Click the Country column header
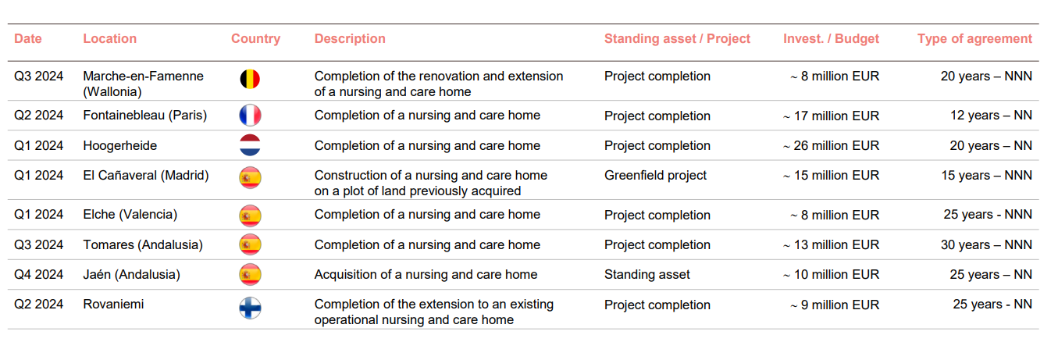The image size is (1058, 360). pos(255,39)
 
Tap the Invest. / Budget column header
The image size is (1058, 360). pos(831,39)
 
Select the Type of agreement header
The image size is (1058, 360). pos(974,39)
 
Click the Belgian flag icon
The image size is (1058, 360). pos(250,79)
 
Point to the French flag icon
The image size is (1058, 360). pos(250,116)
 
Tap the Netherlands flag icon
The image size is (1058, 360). pos(250,145)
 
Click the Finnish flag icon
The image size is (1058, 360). pos(250,308)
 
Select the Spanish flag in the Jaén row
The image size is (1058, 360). pos(250,274)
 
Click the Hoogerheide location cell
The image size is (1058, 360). pos(120,145)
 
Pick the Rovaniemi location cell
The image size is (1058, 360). pos(113,305)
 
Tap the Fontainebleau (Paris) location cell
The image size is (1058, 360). pos(145,116)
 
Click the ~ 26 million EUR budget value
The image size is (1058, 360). pos(831,145)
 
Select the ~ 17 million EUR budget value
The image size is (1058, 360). pos(831,116)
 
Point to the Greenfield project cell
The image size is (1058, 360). pos(655,176)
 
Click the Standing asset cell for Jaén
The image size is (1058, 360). pos(647,274)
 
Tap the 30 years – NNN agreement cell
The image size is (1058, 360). pos(986,244)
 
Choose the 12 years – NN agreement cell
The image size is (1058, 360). pos(991,116)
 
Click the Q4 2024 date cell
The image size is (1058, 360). pos(38,274)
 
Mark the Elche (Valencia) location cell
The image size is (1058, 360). pos(130,215)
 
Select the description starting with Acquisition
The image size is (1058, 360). pos(426,274)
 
